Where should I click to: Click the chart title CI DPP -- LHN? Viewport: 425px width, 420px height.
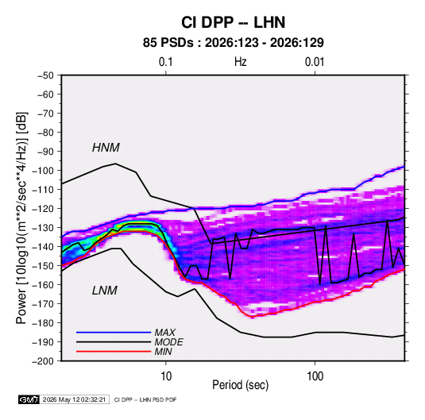[233, 22]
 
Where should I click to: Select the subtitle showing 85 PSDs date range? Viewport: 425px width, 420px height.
[233, 43]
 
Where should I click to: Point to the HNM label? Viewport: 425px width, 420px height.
[106, 148]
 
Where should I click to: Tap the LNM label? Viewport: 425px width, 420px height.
[105, 291]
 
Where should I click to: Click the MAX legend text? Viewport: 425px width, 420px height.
[164, 333]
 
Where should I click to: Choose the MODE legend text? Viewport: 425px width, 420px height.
[168, 342]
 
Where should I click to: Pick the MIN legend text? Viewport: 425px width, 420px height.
[163, 352]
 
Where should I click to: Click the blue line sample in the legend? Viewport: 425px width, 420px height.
[114, 332]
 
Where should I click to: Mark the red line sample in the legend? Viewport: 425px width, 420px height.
[114, 352]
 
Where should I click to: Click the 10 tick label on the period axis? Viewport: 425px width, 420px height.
[166, 376]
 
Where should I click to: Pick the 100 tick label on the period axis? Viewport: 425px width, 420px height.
[315, 376]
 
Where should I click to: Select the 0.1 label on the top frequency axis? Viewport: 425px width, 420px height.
[165, 62]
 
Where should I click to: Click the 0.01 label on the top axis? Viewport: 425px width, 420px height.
[315, 62]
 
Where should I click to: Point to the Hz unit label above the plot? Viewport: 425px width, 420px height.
[241, 62]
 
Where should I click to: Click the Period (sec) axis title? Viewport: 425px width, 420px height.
[240, 385]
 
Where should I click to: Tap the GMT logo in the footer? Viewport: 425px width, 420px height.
[29, 399]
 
